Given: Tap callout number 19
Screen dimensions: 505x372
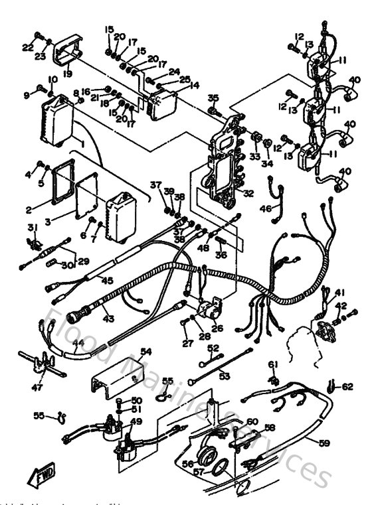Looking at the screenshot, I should pos(68,74).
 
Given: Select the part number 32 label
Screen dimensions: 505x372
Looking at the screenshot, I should pos(248,194).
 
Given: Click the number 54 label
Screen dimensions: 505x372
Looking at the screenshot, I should pos(145,351).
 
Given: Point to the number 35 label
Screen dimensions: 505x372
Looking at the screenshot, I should pos(213,98).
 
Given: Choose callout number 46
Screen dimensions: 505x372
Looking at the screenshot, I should pos(265,209).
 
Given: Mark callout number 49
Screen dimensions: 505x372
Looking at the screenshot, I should pos(136,421).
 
